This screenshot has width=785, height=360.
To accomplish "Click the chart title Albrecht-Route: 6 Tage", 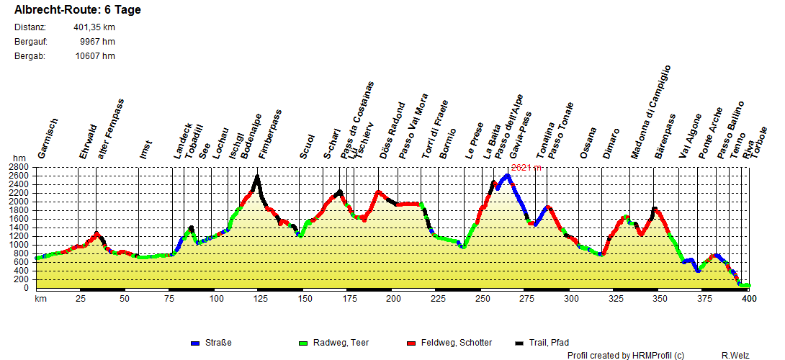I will [78, 10].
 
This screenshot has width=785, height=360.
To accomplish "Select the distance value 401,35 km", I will [94, 27].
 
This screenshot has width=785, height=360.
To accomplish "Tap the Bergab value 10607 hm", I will [95, 56].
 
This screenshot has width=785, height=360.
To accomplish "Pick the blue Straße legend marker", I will [194, 343].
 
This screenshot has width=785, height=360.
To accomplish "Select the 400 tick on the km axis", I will [749, 298].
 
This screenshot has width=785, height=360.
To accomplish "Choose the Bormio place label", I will [448, 143].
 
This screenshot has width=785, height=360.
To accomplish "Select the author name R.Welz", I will [736, 355].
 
